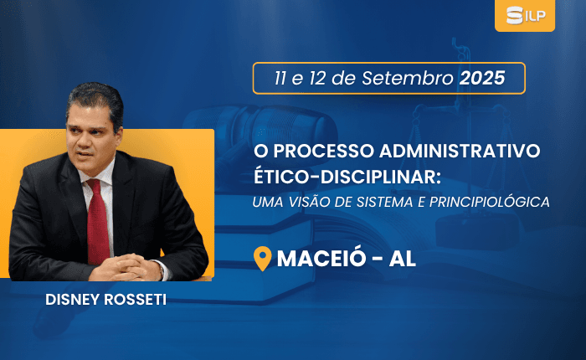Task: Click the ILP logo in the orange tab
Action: pos(526,15)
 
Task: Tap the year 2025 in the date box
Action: pos(482,78)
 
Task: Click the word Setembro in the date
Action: pos(408,78)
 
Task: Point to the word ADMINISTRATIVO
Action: pos(460,151)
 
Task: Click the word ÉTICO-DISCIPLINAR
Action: pos(347,177)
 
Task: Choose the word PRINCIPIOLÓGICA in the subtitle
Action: pos(490,202)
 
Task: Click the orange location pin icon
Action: pos(263,258)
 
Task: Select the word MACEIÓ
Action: pos(321,258)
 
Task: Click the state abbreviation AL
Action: pos(403,259)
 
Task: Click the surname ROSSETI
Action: pos(136,300)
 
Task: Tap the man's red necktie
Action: pos(98,221)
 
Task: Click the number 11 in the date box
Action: pos(280,79)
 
